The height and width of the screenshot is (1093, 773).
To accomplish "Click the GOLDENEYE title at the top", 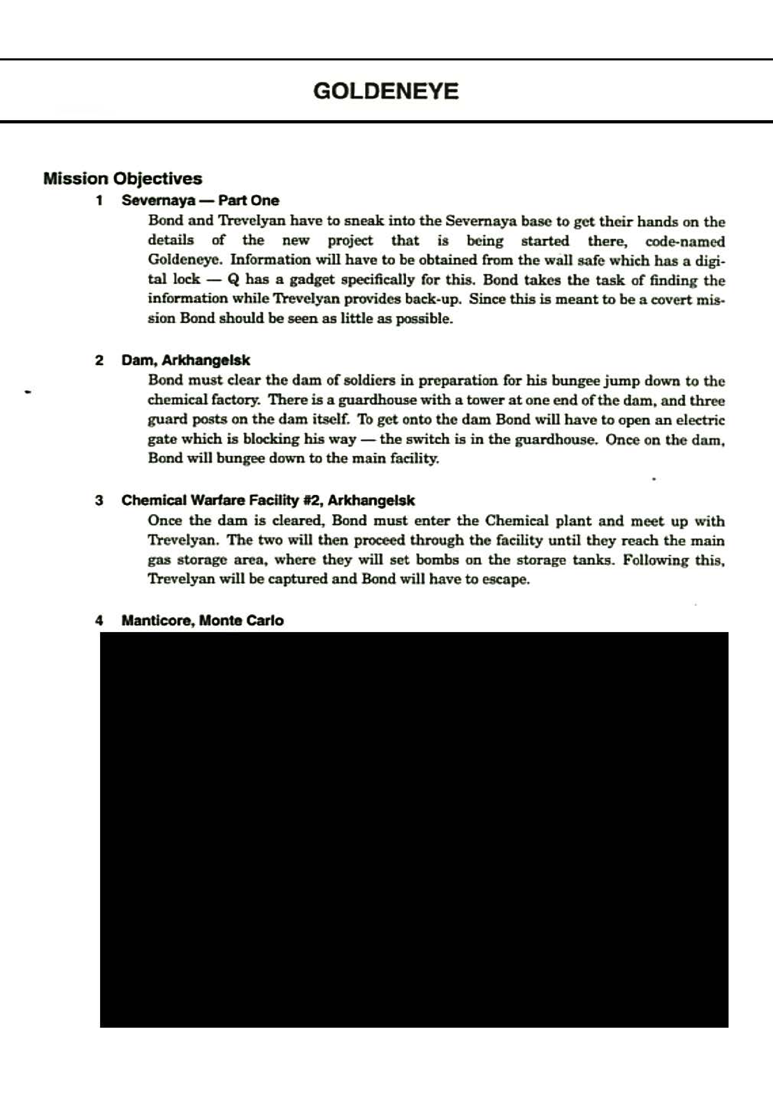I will pos(386,91).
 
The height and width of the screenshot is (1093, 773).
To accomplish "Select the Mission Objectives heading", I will pos(123,178).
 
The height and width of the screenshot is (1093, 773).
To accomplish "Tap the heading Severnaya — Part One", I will pos(200,201).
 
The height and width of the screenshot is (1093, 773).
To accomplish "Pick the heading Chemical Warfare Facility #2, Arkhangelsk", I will pos(268,500).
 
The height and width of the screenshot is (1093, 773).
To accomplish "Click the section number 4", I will pos(99,621).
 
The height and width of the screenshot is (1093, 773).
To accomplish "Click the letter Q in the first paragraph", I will pos(233,279).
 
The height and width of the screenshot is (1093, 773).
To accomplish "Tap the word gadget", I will pos(312,279).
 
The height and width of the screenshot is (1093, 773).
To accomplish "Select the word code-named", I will pos(685,241).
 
